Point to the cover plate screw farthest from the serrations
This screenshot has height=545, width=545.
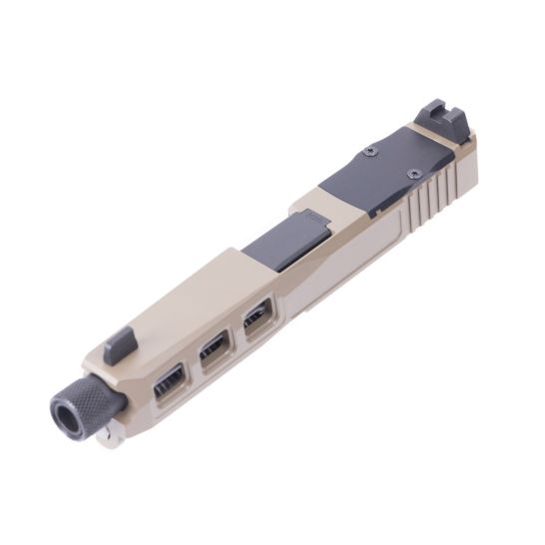point(370,151)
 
